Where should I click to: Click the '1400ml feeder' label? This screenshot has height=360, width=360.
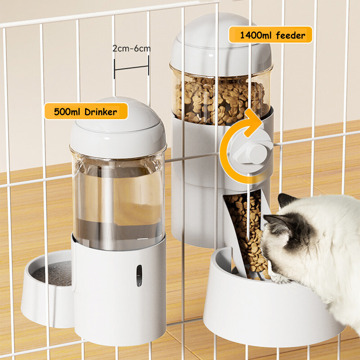coord(270,35)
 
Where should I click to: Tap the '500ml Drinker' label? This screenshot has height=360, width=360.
coord(86,111)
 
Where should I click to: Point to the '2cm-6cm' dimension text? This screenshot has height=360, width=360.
coord(131,49)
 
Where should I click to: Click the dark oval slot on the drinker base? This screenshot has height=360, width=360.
coord(139,275)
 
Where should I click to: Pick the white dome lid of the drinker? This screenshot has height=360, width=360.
coord(118,127)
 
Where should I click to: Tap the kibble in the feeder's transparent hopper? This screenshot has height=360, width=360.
coord(220,101)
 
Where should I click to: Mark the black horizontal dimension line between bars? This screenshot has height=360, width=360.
coord(131,67)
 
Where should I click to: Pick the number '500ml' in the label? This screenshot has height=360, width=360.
coord(68,112)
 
